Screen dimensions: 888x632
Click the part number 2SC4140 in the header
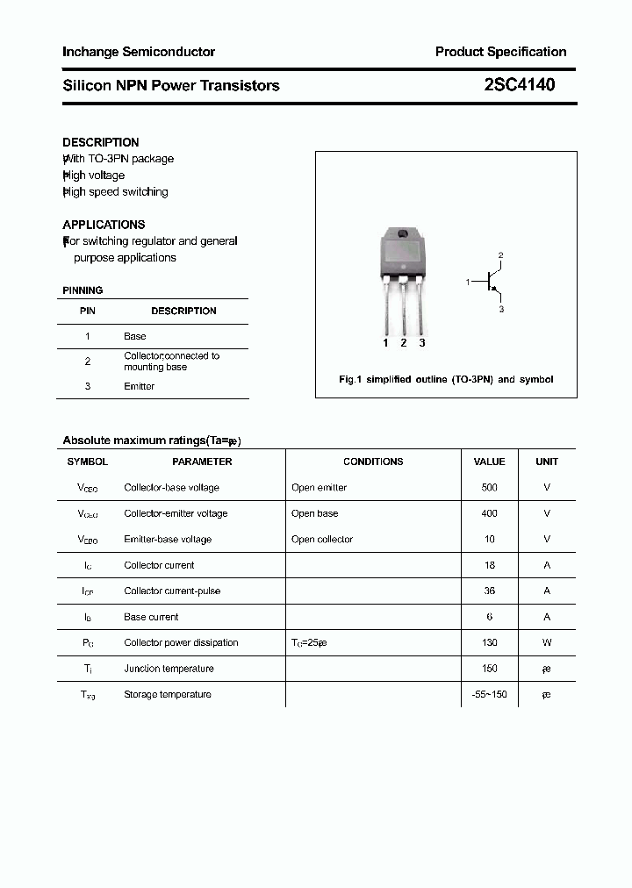(519, 85)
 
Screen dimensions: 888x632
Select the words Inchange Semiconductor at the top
(139, 52)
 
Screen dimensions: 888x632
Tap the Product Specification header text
(500, 52)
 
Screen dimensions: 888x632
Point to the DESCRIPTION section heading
(101, 142)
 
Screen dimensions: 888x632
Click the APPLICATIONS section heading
(104, 225)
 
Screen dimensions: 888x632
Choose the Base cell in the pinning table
(135, 336)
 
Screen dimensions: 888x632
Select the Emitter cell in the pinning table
(140, 386)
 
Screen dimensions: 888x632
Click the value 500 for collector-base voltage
(489, 487)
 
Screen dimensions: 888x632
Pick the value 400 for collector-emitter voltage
(489, 513)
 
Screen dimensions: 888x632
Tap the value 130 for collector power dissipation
(489, 642)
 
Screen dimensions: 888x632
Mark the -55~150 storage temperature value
(489, 694)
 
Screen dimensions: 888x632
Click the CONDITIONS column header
(373, 462)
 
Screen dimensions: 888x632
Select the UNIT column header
(547, 462)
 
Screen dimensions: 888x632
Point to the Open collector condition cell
(322, 539)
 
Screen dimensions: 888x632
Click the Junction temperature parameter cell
(169, 669)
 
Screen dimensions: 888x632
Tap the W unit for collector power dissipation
(547, 642)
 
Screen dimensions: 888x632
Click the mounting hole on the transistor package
(404, 233)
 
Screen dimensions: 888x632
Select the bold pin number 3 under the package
(422, 343)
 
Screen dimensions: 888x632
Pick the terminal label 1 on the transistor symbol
(468, 282)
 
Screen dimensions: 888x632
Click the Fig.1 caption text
(446, 380)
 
